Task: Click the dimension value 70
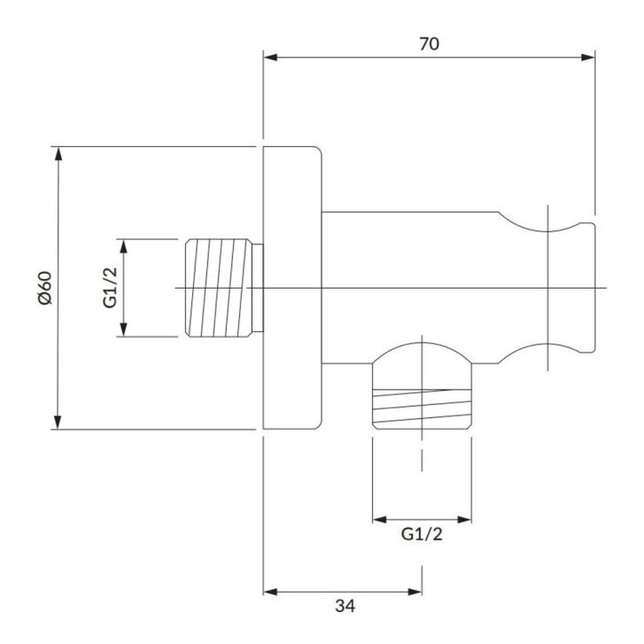(430, 44)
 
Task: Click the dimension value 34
(345, 606)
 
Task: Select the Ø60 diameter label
(45, 288)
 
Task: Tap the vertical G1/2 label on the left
(110, 288)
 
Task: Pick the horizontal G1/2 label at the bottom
(422, 534)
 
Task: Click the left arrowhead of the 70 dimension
(270, 58)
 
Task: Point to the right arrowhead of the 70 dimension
(588, 58)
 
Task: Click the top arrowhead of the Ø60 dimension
(58, 153)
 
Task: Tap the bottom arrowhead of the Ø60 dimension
(58, 423)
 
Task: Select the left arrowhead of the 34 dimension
(270, 592)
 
